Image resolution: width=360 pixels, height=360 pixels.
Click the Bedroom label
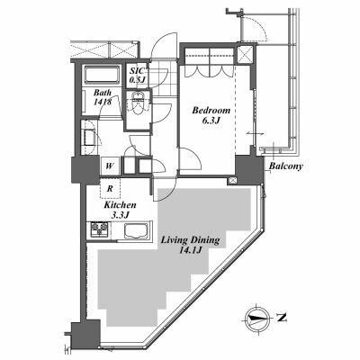coord(211,110)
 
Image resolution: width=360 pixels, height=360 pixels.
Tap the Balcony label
coord(284,166)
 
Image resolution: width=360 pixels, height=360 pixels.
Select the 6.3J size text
coord(211,122)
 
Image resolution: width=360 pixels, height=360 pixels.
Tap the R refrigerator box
coord(109,189)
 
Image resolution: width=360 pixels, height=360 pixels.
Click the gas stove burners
coord(98,233)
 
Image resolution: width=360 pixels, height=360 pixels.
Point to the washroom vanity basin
coord(91,137)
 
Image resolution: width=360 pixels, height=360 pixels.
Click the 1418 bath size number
coord(102,104)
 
